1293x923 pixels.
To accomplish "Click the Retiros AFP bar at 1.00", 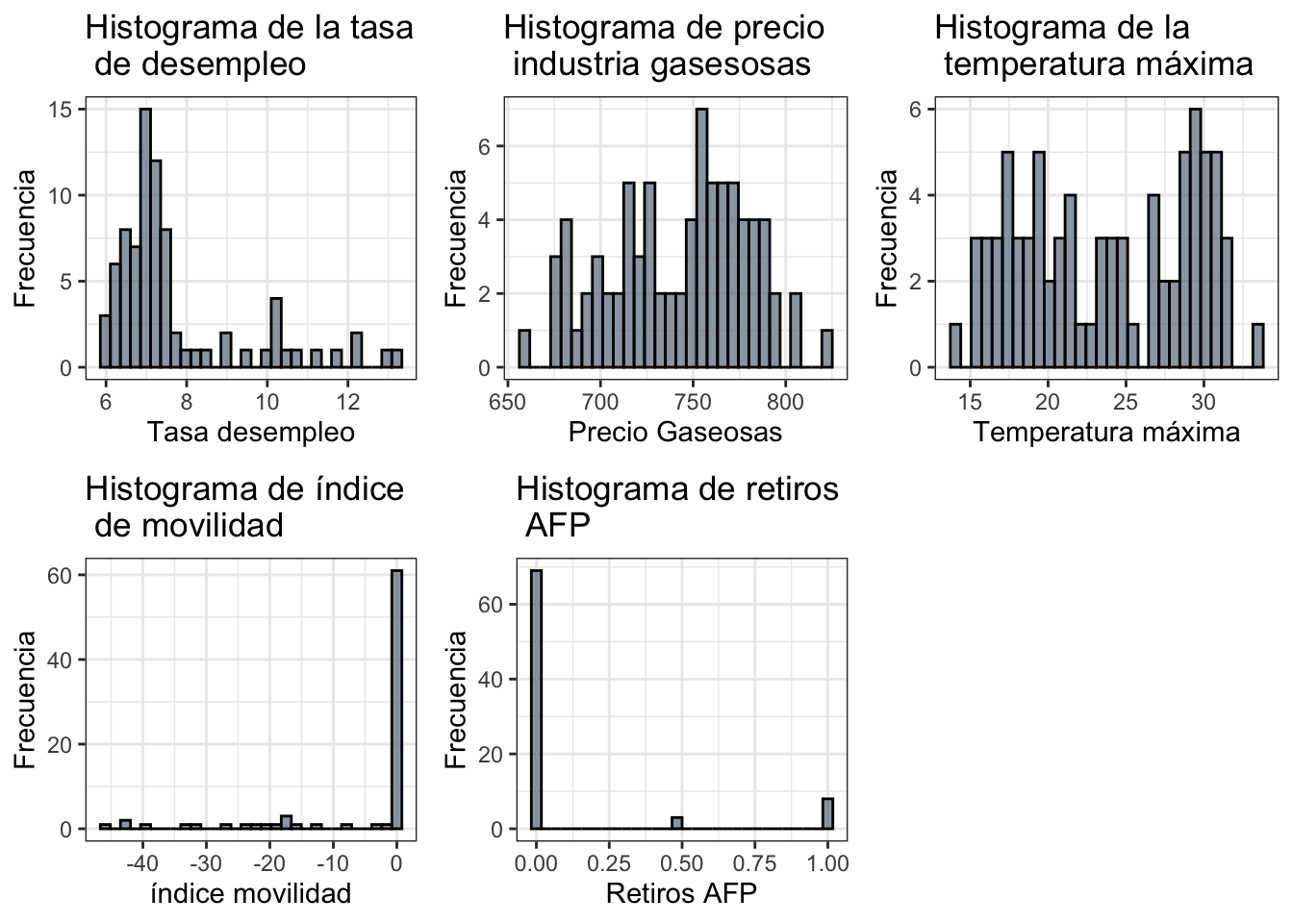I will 827,813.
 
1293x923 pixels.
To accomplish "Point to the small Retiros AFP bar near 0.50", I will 677,823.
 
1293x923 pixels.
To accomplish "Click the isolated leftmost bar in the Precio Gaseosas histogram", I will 524,349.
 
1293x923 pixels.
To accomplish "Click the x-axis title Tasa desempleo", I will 251,433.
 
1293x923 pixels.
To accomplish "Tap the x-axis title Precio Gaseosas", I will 675,433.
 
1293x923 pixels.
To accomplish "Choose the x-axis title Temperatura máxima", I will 1106,433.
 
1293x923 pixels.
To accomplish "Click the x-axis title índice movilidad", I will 251,894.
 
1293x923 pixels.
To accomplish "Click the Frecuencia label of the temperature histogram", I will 887,238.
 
